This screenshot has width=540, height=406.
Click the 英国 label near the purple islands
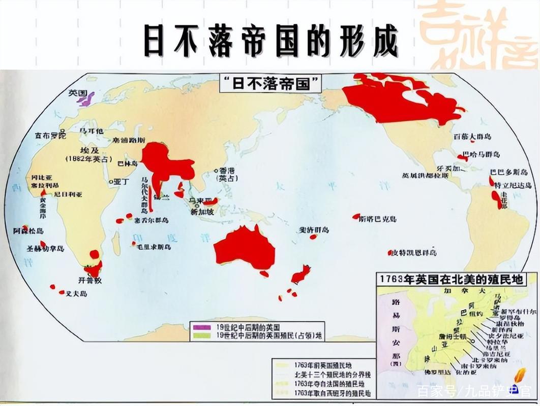click(78, 93)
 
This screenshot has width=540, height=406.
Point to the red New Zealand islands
click(300, 275)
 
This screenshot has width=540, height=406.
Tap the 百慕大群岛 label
click(472, 137)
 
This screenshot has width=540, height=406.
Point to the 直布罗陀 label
click(50, 136)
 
